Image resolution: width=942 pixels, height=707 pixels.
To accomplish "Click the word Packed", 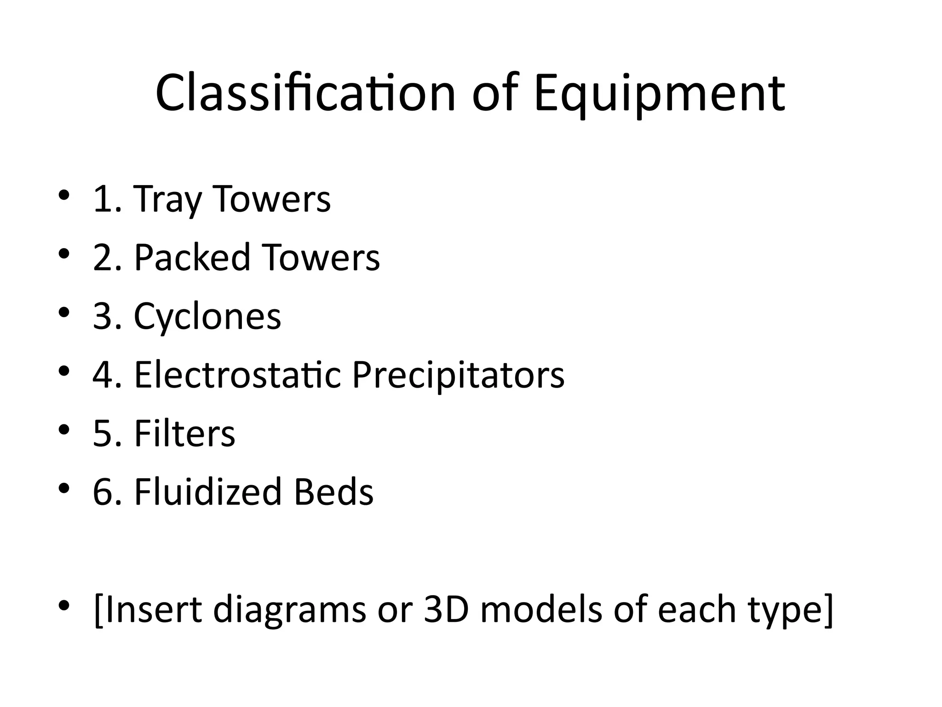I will coord(192,258).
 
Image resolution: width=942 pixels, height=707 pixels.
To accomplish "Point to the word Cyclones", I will coord(207,317).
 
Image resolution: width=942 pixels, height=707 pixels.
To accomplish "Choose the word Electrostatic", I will coord(237,375).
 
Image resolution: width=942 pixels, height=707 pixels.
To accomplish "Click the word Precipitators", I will coord(458,375).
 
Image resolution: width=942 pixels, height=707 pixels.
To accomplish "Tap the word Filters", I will coord(184,434).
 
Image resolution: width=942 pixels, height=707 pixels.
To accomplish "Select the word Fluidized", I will coord(207,492).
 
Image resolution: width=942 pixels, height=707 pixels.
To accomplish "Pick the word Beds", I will coord(333,492).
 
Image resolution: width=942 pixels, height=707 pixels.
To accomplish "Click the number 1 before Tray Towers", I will coord(102,199).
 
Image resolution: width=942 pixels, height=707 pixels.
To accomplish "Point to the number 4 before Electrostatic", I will coord(102,375).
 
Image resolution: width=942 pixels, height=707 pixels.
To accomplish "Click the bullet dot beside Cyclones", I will coord(64,313).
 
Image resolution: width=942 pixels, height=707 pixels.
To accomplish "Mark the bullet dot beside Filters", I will coord(64,430).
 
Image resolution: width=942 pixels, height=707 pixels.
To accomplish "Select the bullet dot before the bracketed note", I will coord(64,605).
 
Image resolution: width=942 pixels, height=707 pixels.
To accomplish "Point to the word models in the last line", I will coord(541,609).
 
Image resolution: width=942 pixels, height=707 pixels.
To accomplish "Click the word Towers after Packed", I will coord(321,258).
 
